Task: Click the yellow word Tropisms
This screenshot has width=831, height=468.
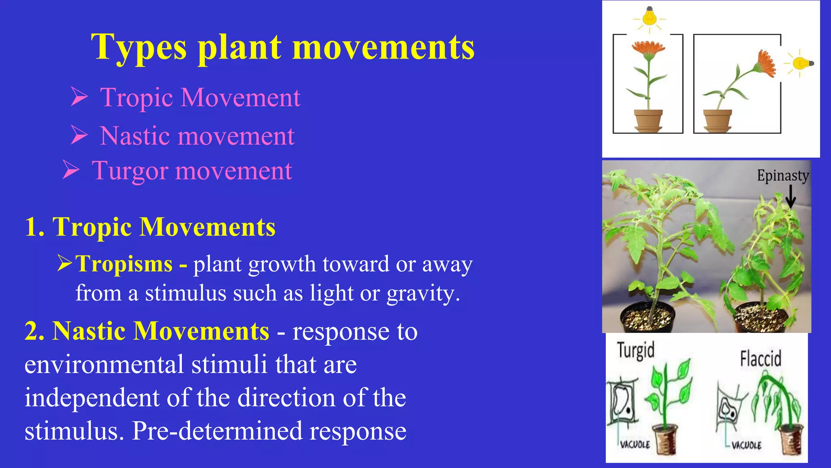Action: (x=124, y=264)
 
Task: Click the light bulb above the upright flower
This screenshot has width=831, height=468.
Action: (x=649, y=16)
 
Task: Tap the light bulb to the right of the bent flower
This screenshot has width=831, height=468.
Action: (x=802, y=63)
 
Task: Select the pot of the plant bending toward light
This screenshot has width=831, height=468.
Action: (x=717, y=120)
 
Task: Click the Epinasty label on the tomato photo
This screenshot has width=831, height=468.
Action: (x=783, y=175)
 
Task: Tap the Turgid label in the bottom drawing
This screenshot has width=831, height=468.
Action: (x=635, y=350)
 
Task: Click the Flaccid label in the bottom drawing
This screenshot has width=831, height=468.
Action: (x=760, y=359)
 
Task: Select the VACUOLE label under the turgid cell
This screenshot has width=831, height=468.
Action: (x=635, y=444)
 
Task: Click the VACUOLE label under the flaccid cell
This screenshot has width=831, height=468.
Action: (x=747, y=445)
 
